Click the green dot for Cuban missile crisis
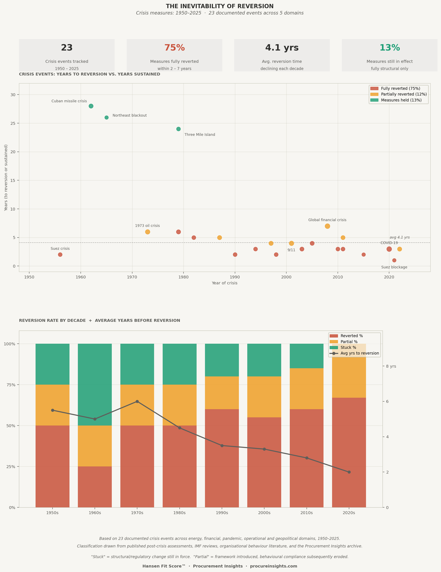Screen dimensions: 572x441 point(91,106)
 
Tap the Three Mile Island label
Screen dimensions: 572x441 point(200,135)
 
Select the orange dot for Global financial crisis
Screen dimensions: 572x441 point(327,226)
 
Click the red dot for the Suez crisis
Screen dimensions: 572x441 point(60,254)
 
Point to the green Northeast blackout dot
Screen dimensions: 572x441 point(106,118)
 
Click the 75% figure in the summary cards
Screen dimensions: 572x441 point(175,48)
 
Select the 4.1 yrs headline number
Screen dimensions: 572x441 point(282,48)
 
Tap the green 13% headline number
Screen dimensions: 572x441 point(390,48)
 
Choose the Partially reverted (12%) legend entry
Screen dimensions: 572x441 point(404,94)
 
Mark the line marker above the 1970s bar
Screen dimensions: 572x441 point(137,402)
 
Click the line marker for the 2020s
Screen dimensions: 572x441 point(349,472)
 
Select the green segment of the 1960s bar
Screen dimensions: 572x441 point(95,384)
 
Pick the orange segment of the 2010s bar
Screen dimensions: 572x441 point(307,389)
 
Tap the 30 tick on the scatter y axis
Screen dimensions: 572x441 point(13,95)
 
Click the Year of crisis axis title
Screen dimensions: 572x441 point(224,283)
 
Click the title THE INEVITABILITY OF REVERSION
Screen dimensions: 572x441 point(220,6)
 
